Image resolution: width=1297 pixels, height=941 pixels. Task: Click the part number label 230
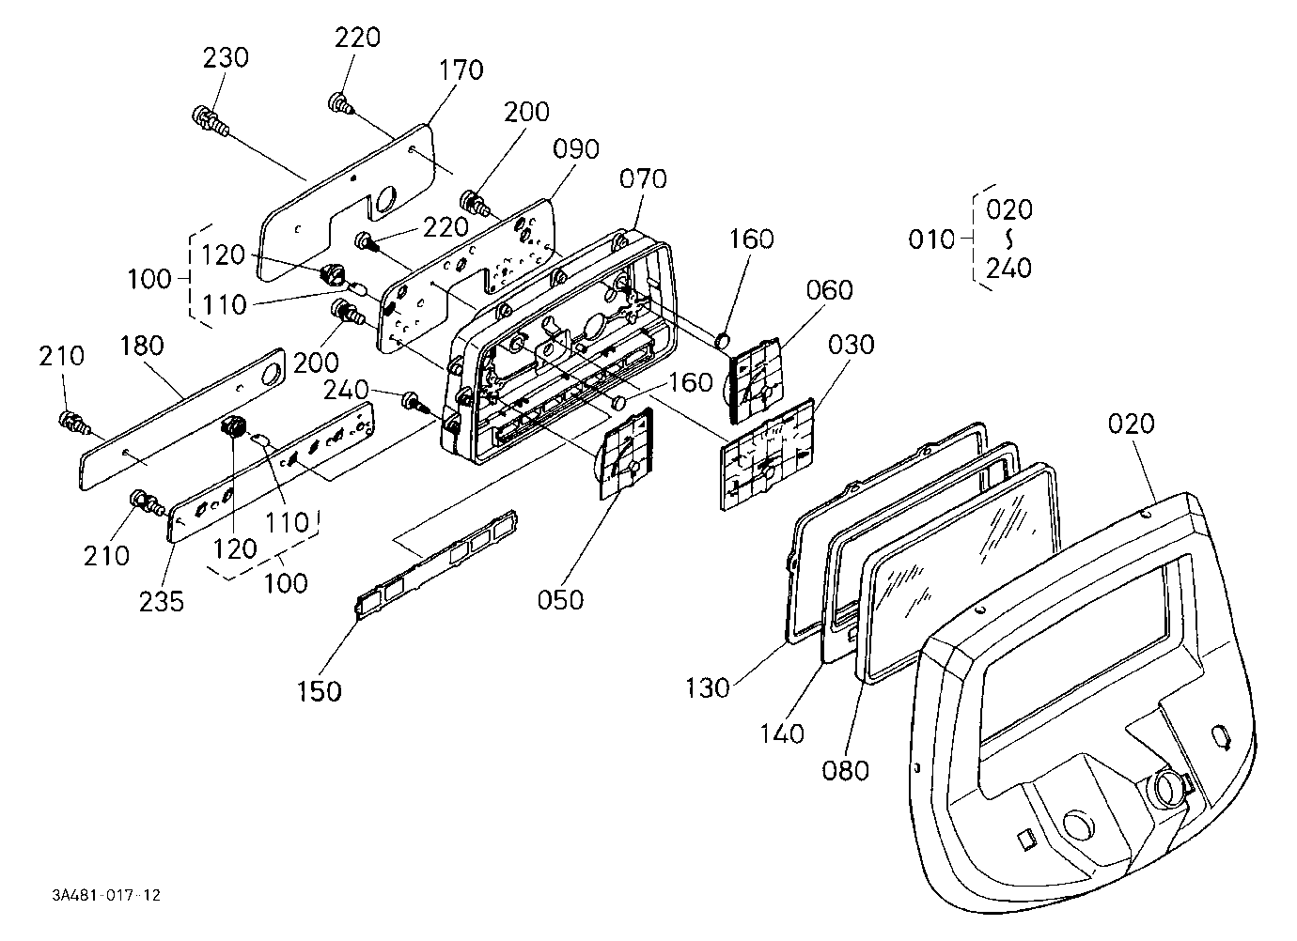pos(226,58)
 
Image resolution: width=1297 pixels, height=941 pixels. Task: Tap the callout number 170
pos(461,70)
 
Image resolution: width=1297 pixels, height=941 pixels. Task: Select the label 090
pos(575,149)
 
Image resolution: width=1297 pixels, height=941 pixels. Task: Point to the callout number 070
pos(643,178)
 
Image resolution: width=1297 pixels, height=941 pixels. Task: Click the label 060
pos(830,290)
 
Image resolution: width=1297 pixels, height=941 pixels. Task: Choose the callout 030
pos(851,345)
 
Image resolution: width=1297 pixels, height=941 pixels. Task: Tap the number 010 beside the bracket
pos(931,239)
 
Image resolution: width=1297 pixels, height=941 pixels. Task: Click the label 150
pos(319,691)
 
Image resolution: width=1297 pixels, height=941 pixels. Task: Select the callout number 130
pos(707,688)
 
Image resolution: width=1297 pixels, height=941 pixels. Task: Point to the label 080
pos(845,771)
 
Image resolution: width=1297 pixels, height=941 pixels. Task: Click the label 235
pos(162,602)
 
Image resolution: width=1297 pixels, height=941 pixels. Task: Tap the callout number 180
pos(142,347)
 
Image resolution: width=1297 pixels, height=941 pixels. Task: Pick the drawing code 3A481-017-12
pos(106,895)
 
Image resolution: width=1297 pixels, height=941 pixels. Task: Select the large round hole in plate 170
pos(385,201)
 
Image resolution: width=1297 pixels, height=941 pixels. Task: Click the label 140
pos(782,734)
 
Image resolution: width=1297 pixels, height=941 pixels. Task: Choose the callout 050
pos(560,600)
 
